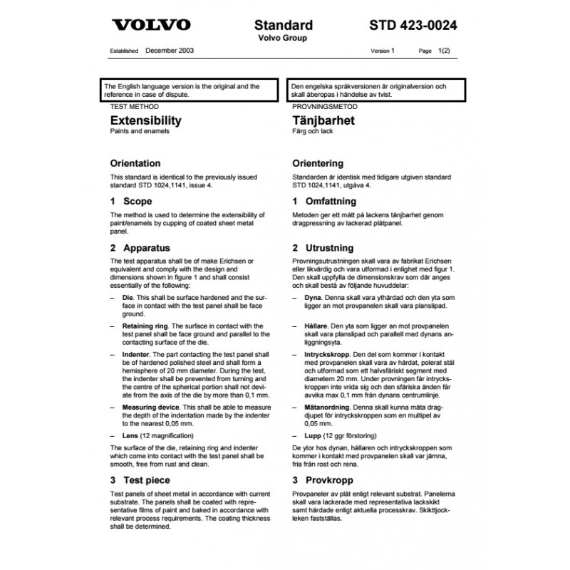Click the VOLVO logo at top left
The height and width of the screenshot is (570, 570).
[151, 25]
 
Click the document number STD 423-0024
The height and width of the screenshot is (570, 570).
[413, 25]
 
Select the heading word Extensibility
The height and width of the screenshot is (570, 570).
[141, 120]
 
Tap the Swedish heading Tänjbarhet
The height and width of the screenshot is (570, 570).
[323, 120]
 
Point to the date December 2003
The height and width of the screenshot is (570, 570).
[170, 51]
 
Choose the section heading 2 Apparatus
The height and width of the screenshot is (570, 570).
[140, 248]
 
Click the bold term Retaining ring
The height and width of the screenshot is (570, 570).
[145, 324]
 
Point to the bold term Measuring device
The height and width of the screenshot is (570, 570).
[151, 406]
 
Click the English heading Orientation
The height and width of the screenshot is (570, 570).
[135, 163]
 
